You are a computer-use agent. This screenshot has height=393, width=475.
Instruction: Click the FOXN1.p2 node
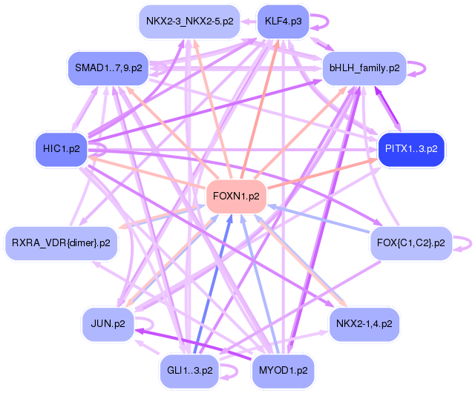[x=236, y=196]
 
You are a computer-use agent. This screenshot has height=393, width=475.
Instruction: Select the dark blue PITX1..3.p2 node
[x=411, y=149]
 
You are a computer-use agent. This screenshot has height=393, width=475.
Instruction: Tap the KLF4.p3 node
[x=283, y=22]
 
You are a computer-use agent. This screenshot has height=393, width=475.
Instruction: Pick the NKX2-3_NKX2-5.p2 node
[x=189, y=22]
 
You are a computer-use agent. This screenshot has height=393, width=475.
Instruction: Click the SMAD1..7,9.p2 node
[x=108, y=68]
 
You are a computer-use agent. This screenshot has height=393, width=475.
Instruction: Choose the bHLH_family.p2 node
[x=364, y=68]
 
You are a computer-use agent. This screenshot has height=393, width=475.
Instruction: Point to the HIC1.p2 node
[x=61, y=149]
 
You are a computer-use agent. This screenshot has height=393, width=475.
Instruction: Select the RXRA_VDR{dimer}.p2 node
[x=61, y=242]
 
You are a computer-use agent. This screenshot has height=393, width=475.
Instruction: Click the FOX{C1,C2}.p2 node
[x=410, y=242]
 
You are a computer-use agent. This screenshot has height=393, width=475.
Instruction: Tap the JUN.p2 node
[x=108, y=323]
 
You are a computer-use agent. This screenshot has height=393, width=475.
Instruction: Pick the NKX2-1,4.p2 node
[x=364, y=323]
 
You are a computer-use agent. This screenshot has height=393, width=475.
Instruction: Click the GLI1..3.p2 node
[x=189, y=371]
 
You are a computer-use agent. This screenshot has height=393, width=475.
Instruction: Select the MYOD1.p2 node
[x=283, y=371]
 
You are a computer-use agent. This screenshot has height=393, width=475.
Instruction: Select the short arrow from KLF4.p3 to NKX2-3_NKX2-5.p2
[x=249, y=22]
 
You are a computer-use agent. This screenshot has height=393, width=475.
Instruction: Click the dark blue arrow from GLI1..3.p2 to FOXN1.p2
[x=213, y=284]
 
